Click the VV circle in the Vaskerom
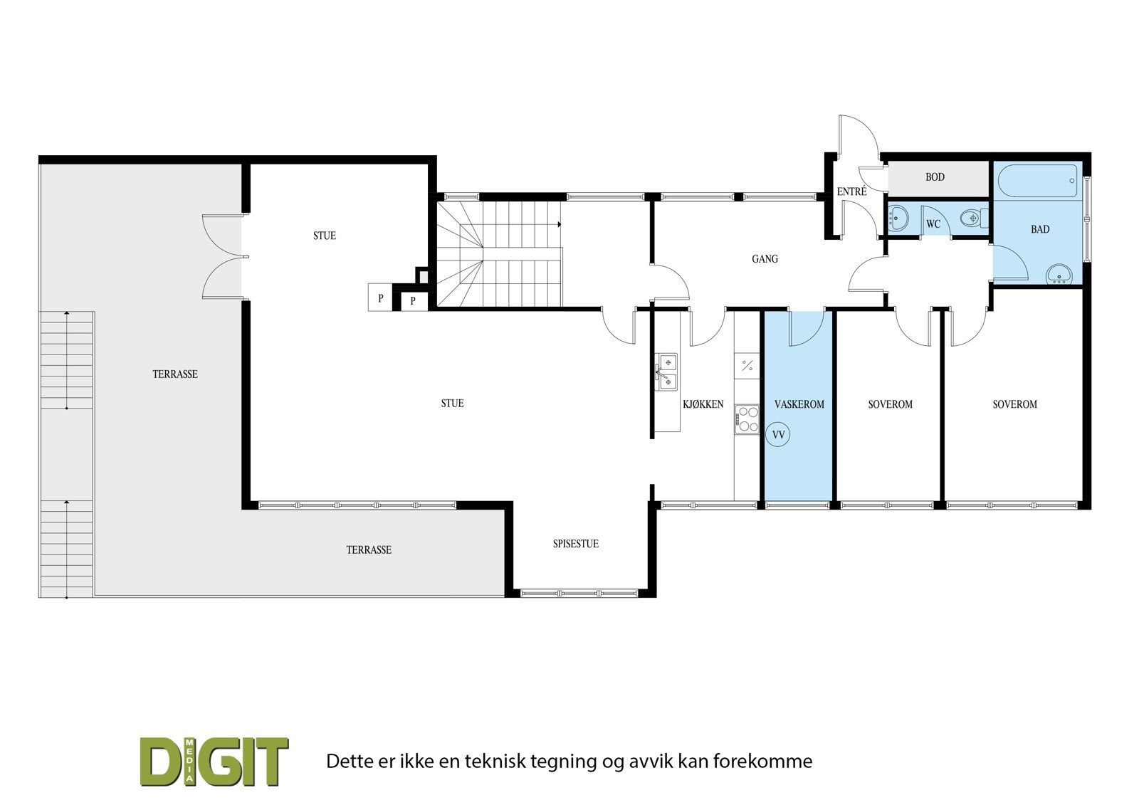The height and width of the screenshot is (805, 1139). click(778, 434)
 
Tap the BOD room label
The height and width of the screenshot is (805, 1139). click(935, 177)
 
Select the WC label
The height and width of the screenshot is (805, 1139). click(933, 224)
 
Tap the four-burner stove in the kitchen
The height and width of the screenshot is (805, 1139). click(747, 419)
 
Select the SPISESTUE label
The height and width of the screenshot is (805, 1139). click(575, 544)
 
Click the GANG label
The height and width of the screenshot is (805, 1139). click(765, 259)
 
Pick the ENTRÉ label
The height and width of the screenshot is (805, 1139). click(851, 191)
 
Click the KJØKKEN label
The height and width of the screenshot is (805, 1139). click(703, 404)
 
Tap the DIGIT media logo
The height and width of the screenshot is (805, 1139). click(214, 761)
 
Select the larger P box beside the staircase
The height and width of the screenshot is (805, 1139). click(381, 298)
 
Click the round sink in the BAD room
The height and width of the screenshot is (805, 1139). click(1060, 273)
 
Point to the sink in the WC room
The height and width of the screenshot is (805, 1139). click(898, 217)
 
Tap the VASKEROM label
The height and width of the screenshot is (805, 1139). click(799, 404)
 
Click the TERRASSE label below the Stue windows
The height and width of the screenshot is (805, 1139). click(369, 550)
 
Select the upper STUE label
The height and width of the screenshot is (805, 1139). click(325, 236)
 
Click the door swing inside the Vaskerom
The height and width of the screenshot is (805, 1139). click(804, 329)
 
